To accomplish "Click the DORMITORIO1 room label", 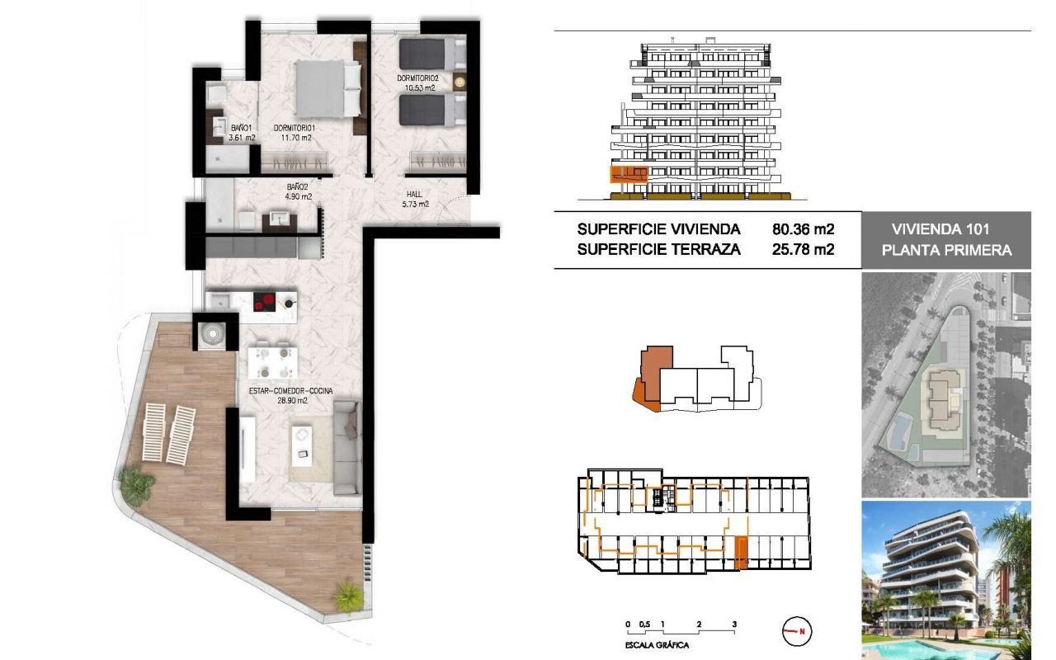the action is click(x=295, y=128).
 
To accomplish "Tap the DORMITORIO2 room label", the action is click(x=417, y=78).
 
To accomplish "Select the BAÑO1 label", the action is click(x=242, y=128).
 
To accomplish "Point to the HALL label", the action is click(x=414, y=194).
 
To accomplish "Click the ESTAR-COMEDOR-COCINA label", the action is click(x=291, y=391).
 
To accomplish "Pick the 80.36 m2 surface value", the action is click(x=803, y=229).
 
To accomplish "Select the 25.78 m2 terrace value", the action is click(x=803, y=249).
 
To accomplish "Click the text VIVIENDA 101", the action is click(x=940, y=229).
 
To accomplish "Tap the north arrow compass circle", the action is click(x=797, y=631).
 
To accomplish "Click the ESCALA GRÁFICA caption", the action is click(x=657, y=645).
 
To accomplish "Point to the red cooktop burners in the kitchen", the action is click(x=264, y=302).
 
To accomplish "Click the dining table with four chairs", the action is click(x=273, y=362).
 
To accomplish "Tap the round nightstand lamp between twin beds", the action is click(x=460, y=82).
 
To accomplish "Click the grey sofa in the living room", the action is click(x=347, y=447).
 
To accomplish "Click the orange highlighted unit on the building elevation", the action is click(x=629, y=174).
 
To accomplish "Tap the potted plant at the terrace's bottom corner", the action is click(x=348, y=597).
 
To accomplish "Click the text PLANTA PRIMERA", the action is click(x=946, y=250).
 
